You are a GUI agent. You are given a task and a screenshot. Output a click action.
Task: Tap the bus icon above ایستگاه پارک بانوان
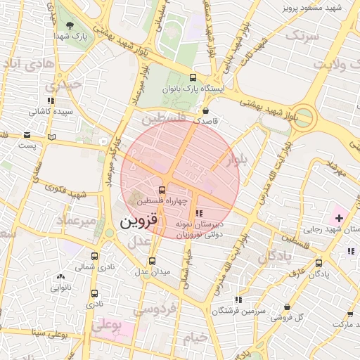pos(193,78)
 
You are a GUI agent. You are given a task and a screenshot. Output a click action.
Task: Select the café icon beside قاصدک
pos(205,110)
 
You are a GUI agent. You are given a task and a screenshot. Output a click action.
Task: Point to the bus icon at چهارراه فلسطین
pos(162,190)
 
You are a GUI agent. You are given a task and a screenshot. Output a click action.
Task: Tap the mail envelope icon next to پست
pos(26,134)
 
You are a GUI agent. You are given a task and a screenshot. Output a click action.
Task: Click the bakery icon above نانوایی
pos(60,276)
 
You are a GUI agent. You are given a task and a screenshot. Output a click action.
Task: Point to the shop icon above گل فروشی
pos(288,307)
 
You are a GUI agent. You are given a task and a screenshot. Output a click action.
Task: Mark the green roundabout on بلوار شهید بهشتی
pos(303,117)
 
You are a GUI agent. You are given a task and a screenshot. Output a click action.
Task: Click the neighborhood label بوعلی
pos(108,324)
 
